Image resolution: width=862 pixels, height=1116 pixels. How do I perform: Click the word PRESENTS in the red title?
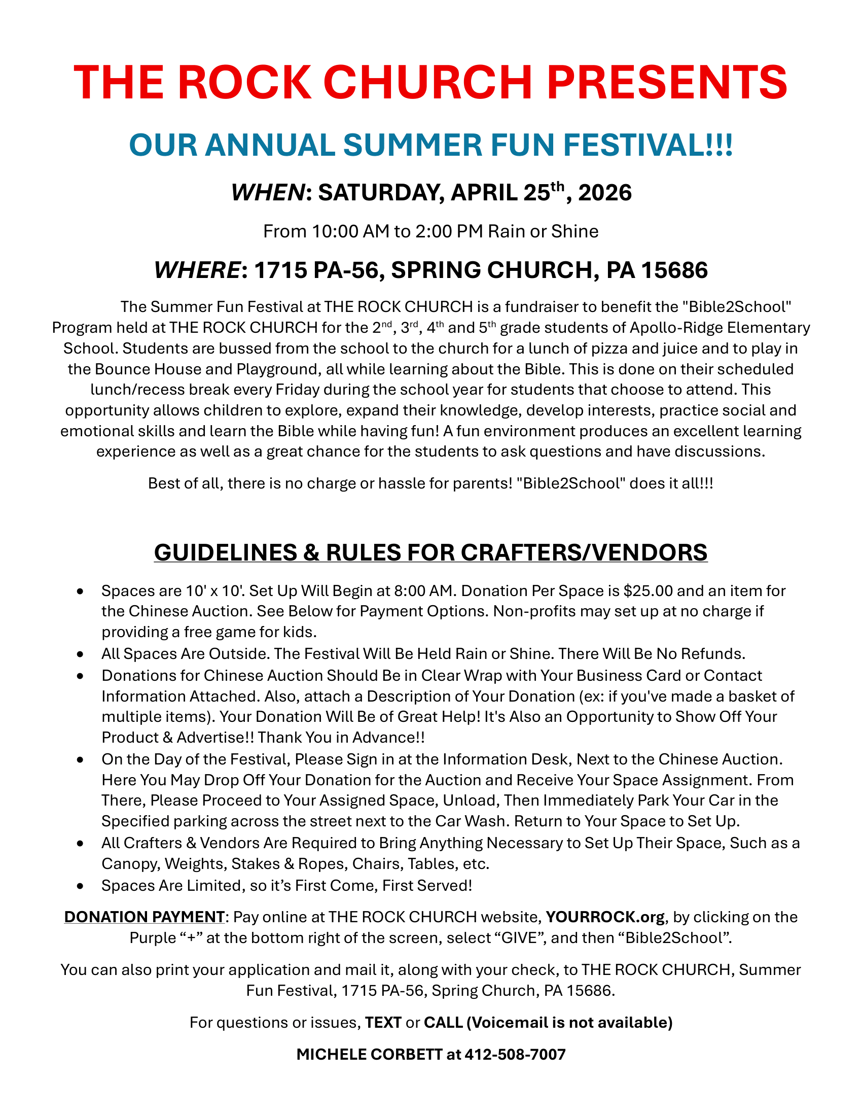coord(667,82)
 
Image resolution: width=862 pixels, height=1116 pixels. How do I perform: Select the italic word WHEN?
coord(268,193)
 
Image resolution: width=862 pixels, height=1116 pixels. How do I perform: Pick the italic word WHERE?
coord(197,270)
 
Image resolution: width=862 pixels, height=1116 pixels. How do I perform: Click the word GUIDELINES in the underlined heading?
coord(225,553)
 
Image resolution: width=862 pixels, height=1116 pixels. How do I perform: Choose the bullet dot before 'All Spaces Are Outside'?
coord(80,654)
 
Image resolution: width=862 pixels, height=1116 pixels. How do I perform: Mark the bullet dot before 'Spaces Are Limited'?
coord(80,886)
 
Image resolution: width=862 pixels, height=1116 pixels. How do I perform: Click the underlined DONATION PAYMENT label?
coord(144,917)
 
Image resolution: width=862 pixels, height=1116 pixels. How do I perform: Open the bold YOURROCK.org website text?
coord(604,917)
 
